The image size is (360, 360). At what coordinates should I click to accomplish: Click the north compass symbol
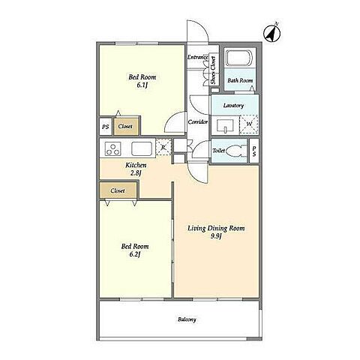272,33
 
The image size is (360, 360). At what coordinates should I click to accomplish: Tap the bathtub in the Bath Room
239,58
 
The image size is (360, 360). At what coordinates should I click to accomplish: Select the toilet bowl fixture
235,151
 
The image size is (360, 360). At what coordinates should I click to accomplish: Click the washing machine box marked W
249,124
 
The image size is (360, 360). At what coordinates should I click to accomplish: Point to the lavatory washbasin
225,126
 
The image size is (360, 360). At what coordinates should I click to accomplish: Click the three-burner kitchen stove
113,148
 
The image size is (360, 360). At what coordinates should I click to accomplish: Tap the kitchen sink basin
142,148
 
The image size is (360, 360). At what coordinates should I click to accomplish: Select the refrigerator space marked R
163,147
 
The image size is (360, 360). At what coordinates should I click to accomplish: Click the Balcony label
187,319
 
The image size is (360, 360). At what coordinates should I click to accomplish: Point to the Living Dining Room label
216,228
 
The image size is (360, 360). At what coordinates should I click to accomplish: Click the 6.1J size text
142,85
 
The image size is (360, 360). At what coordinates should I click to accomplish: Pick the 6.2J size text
135,254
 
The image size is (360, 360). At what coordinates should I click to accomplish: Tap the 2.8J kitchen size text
136,173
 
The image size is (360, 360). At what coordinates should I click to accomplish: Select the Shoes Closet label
213,70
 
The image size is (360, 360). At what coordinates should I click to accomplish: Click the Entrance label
198,57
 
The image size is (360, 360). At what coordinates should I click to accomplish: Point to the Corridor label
198,122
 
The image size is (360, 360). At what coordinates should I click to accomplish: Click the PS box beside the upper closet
106,127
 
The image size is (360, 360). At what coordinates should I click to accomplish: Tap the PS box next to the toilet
254,151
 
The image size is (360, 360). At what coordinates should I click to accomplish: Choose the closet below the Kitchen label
118,190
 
